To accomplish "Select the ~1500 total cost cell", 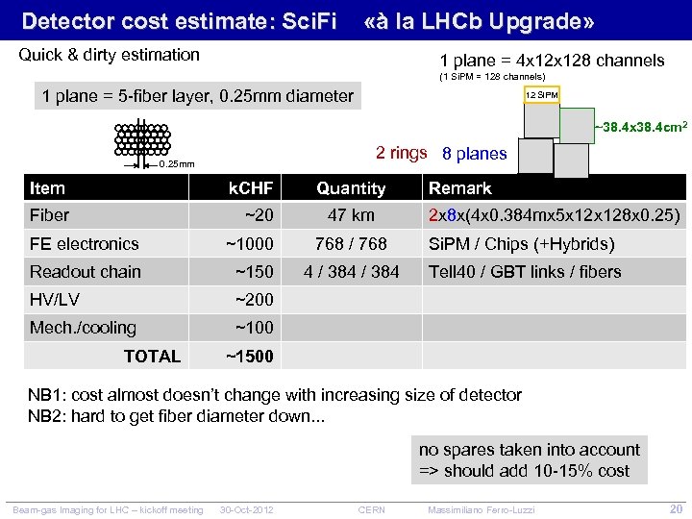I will coord(249,357).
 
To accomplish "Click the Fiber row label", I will coord(50,215).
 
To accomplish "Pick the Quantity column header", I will coord(351,188).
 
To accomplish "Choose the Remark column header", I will coord(460,188).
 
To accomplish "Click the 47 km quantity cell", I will coord(351,215).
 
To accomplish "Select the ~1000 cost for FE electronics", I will coord(249,244).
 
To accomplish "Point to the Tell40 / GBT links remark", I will coord(525,272).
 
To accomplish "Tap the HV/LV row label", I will coord(55,300).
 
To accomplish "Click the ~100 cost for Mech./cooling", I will coord(254,328).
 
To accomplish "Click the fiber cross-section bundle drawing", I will coord(141,139).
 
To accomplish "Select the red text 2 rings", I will coord(401,153).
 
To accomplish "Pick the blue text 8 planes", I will coord(474,154).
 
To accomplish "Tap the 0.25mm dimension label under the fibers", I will coord(176,163).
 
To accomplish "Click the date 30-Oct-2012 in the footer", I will coord(247,507).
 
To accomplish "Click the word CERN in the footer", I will coord(371,507).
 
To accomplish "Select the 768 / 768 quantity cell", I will coord(351,244).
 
